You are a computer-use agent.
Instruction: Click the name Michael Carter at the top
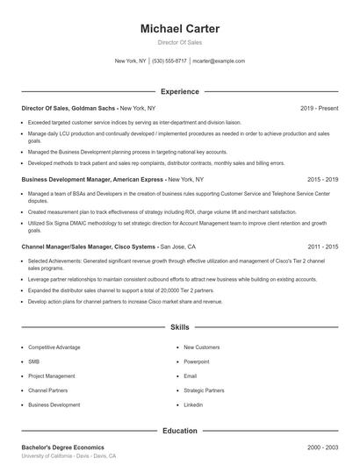(x=179, y=29)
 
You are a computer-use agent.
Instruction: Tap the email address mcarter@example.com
(x=219, y=61)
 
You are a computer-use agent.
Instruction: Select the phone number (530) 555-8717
(x=169, y=61)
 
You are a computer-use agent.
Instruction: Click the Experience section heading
(x=179, y=91)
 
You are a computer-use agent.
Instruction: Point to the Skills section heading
(x=179, y=326)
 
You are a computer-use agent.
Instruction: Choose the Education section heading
(x=179, y=431)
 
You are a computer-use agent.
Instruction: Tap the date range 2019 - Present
(x=319, y=108)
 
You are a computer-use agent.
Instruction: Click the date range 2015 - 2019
(x=322, y=178)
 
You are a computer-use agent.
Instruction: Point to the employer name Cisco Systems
(x=132, y=247)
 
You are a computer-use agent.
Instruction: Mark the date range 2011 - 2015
(x=322, y=247)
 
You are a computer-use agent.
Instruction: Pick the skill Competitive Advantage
(x=54, y=347)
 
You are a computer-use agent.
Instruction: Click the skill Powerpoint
(x=197, y=361)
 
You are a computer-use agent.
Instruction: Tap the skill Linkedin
(x=193, y=405)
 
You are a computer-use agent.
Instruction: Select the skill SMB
(x=34, y=361)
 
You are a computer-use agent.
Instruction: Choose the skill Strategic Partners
(x=205, y=390)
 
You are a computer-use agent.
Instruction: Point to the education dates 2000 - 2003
(x=322, y=447)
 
